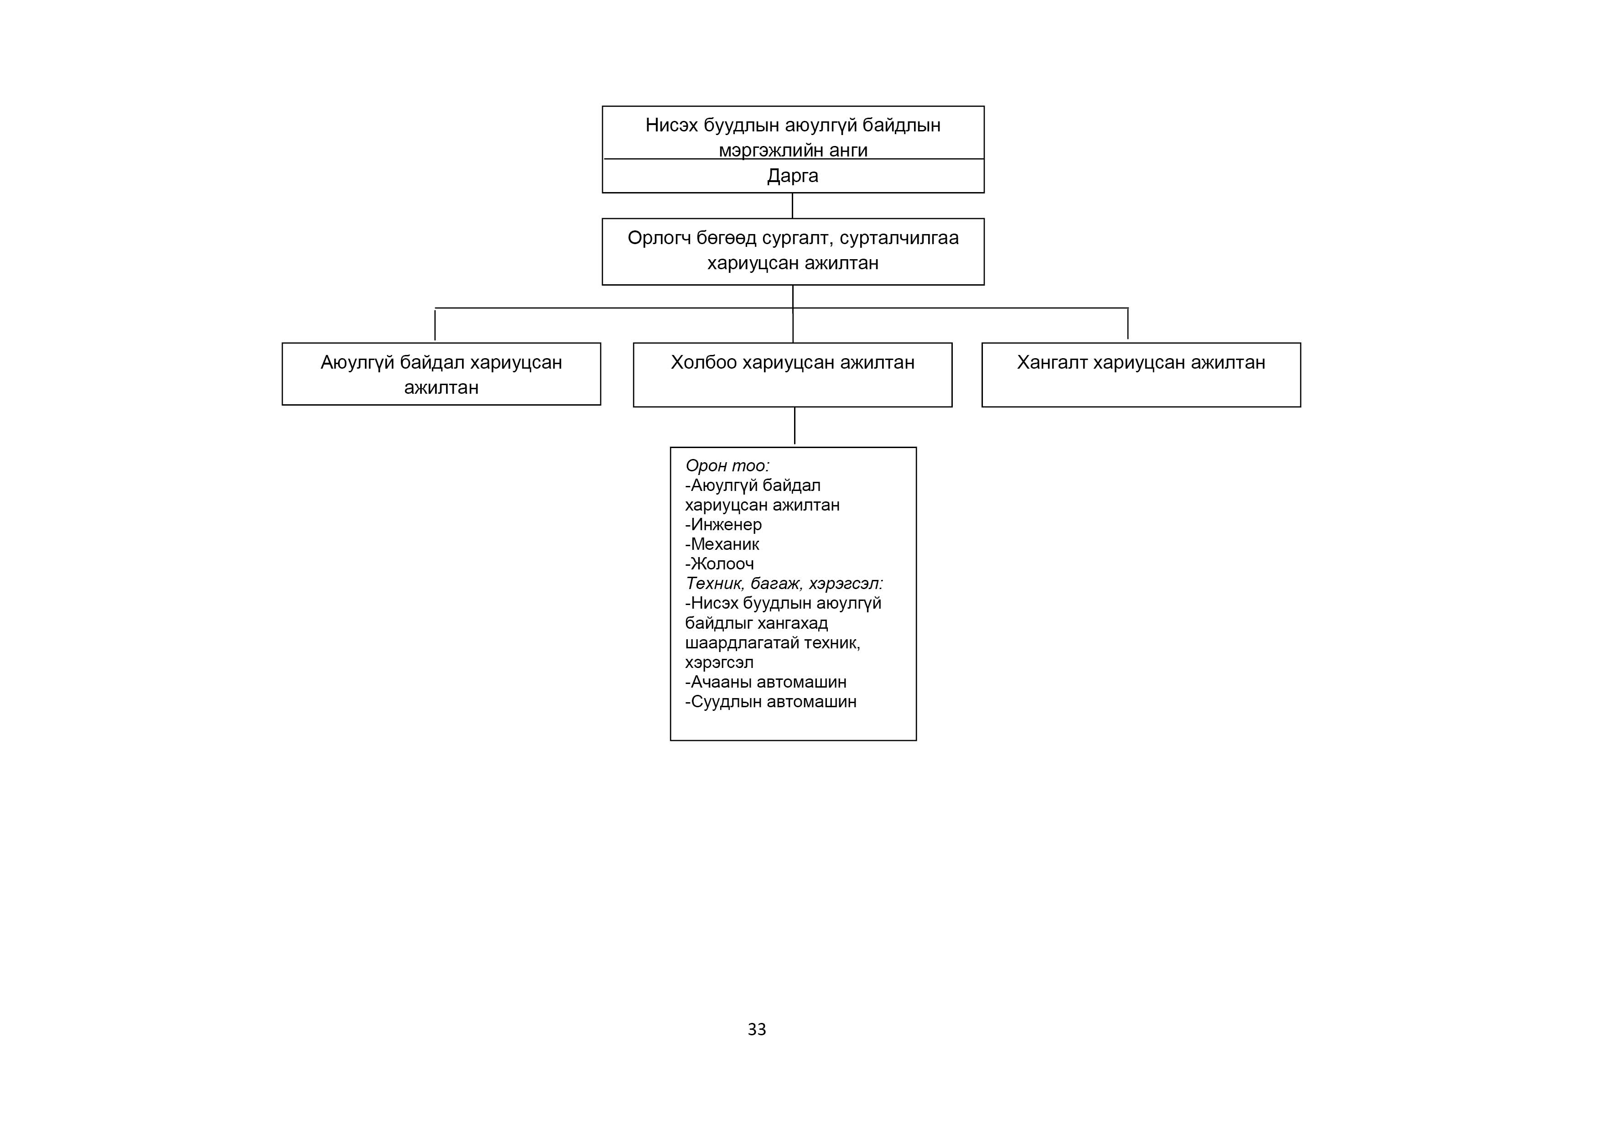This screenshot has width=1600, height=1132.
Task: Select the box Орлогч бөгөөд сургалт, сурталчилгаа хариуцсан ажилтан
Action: tap(793, 252)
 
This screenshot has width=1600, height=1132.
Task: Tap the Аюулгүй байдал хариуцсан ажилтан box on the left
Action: tap(441, 374)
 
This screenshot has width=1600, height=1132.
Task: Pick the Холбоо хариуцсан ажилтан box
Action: tap(792, 375)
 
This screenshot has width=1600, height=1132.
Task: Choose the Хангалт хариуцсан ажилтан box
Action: tap(1141, 375)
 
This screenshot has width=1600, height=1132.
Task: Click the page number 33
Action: tap(757, 1029)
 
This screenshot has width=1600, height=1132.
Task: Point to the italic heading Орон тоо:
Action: tap(727, 466)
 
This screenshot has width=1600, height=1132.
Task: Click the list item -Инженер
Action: tap(723, 524)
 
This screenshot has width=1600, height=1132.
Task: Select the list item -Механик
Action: tap(722, 544)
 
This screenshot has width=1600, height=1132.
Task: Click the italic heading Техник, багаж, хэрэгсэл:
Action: tap(784, 584)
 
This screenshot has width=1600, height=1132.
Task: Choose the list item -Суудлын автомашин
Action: tap(771, 701)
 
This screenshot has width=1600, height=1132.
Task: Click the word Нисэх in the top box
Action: tap(671, 125)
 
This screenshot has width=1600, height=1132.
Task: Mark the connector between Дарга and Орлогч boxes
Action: tap(792, 206)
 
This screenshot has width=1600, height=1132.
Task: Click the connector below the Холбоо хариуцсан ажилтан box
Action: tap(795, 426)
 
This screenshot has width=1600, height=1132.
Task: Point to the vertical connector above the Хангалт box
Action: tap(1127, 323)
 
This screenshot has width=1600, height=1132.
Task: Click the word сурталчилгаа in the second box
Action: tap(899, 238)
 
